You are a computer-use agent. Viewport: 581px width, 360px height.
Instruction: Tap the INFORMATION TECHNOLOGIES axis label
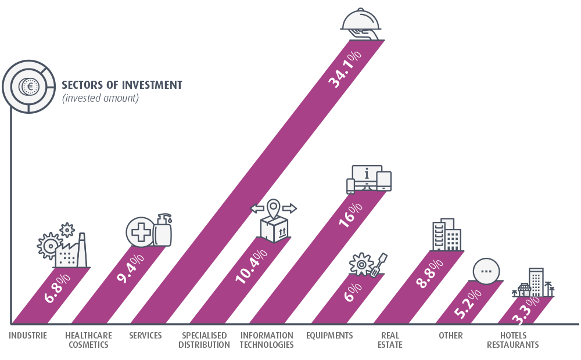coord(267,340)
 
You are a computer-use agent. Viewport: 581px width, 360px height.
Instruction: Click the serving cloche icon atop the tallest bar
coord(361,21)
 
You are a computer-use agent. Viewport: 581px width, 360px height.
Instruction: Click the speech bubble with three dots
coord(486,272)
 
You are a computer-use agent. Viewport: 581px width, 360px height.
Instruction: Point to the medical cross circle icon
coord(140,232)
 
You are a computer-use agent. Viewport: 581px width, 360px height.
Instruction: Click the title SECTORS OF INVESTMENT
coord(122,85)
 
